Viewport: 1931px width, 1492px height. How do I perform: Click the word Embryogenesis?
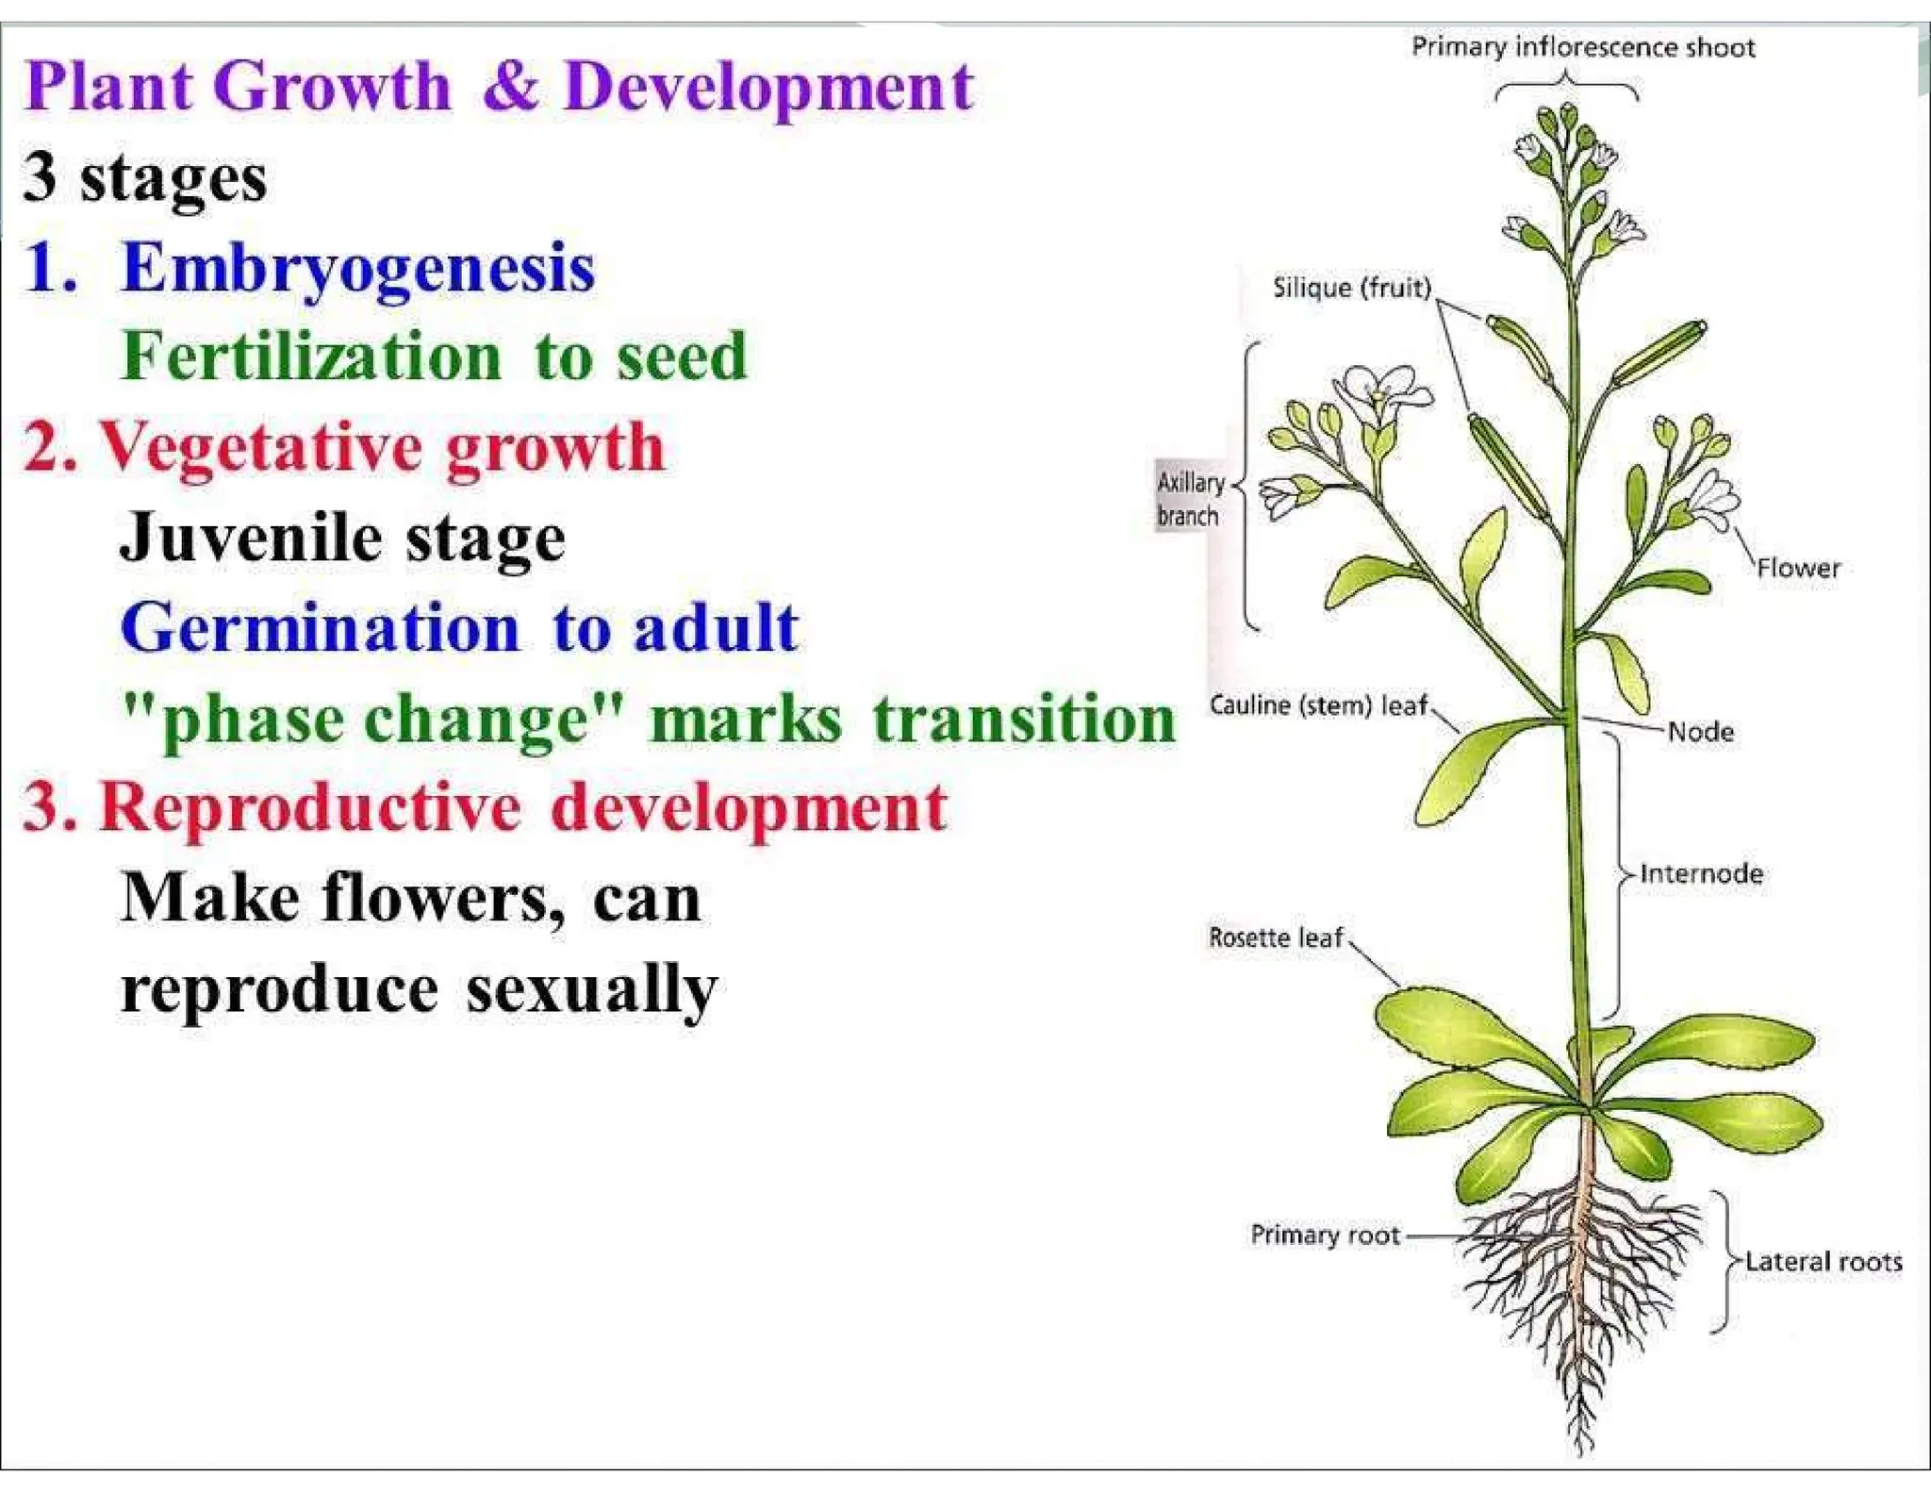tap(358, 269)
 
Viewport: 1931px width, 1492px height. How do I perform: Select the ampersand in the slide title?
tap(511, 87)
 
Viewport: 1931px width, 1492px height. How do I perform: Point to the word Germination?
tap(321, 628)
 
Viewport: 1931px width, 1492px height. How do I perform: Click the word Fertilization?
tap(311, 357)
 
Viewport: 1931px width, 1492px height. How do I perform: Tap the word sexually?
tap(591, 990)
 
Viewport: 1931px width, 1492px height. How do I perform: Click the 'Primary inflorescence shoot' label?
tap(1582, 47)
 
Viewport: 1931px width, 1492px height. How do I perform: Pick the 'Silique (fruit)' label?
tap(1351, 288)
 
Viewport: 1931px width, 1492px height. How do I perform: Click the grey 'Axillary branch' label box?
tap(1189, 499)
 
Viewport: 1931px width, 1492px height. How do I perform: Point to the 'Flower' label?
tap(1797, 569)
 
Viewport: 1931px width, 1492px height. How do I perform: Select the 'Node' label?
tap(1700, 732)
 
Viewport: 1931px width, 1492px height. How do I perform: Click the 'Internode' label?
tap(1701, 873)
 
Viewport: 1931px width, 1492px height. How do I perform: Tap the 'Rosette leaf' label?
tap(1276, 937)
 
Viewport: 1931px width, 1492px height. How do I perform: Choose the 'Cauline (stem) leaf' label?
tap(1319, 705)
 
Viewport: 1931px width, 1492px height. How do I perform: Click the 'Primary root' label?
tap(1325, 1235)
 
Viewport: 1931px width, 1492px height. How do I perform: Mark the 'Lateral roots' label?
tap(1823, 1262)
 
